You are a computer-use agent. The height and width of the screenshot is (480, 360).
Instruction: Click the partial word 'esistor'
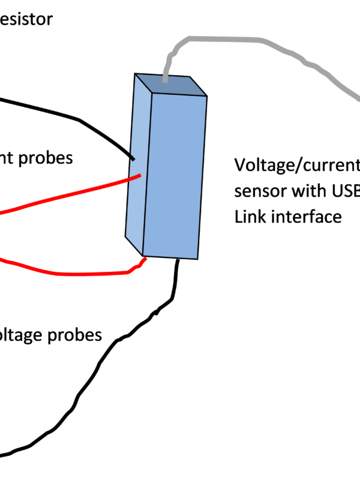click(26, 20)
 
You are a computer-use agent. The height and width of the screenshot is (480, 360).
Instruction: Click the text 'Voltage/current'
click(296, 164)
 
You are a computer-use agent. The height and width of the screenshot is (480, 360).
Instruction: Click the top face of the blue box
click(171, 85)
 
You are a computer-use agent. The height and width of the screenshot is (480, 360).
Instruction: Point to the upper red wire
click(72, 193)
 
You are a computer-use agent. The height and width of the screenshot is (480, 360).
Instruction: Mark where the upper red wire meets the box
click(140, 176)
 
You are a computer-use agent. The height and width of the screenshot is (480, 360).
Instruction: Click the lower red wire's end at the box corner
click(145, 259)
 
